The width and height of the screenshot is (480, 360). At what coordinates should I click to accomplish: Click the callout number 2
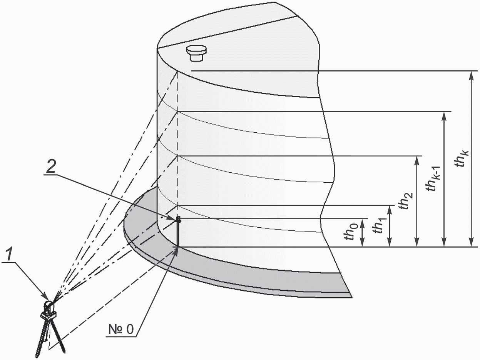51,167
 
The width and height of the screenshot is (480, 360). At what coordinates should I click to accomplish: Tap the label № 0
121,329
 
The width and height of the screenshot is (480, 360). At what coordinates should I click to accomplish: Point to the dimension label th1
379,226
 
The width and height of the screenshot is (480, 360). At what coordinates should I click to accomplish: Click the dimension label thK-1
433,178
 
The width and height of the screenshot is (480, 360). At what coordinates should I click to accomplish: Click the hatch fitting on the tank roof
196,53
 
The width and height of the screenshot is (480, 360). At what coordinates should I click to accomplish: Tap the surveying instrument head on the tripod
49,309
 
